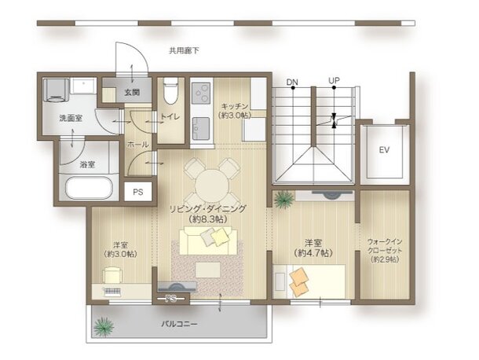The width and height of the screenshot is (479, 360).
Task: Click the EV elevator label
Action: [x=384, y=149]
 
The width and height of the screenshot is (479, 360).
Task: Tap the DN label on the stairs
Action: [x=292, y=82]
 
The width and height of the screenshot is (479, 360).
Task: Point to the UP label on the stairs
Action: [x=334, y=82]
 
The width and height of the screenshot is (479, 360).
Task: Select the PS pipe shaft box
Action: [x=138, y=191]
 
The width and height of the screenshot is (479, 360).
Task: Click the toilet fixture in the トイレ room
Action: [x=170, y=94]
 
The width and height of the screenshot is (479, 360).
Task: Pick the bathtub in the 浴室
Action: [x=89, y=189]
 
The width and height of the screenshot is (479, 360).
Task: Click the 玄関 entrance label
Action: [x=131, y=92]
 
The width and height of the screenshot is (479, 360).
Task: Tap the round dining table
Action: [x=212, y=185]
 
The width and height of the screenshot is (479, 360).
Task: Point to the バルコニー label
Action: [x=180, y=324]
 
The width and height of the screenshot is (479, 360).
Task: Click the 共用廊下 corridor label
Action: [x=184, y=50]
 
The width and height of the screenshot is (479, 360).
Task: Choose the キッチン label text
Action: [x=235, y=106]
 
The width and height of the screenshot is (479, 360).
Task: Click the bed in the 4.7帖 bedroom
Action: [x=315, y=281]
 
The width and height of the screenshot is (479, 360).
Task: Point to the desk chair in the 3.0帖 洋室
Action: [x=112, y=274]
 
